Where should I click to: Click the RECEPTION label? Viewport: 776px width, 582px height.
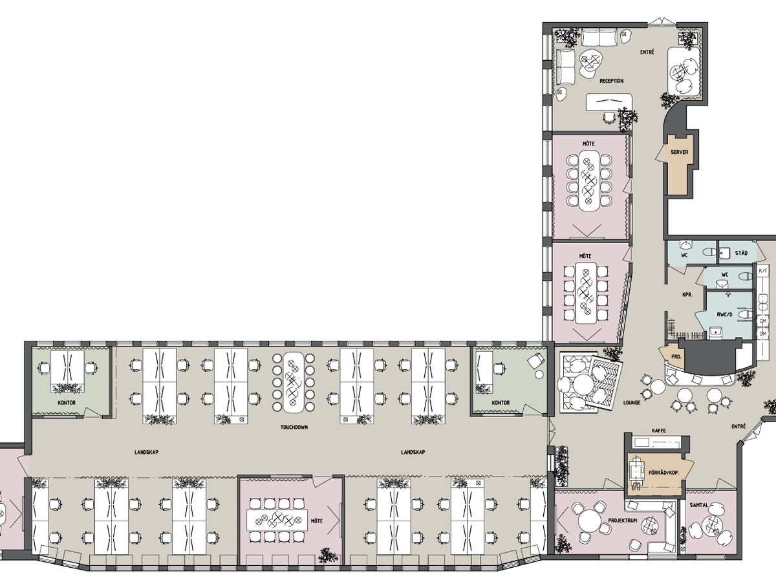(612, 81)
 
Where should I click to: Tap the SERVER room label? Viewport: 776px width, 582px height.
(680, 153)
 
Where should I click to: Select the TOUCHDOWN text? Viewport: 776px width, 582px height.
(294, 427)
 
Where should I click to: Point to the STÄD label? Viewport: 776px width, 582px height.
(741, 253)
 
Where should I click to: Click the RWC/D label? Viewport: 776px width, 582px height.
(724, 314)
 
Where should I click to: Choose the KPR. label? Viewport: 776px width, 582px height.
(687, 294)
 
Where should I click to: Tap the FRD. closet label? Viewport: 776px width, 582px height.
(676, 357)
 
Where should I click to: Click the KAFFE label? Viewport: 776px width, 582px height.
(659, 431)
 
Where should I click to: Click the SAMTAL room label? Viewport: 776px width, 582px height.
(699, 505)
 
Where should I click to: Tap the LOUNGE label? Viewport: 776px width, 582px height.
(632, 402)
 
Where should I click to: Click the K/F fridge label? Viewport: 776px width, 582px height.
(763, 271)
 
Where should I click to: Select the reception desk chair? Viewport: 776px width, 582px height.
(609, 118)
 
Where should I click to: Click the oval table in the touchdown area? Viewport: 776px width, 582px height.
(293, 382)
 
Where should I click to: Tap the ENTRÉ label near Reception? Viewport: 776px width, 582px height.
(647, 52)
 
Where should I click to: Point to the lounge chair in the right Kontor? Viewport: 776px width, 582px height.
(535, 361)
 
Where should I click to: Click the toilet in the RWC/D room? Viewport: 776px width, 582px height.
(746, 312)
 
